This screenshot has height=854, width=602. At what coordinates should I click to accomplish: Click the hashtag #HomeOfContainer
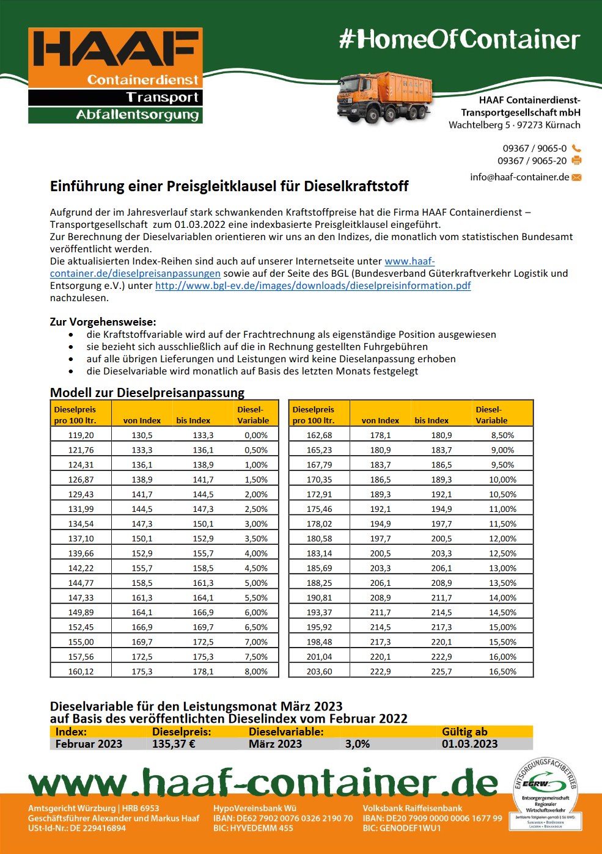tap(459, 39)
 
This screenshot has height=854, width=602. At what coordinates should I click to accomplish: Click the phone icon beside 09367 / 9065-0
tap(576, 148)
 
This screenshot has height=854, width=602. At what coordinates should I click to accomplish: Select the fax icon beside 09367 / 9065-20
tap(576, 161)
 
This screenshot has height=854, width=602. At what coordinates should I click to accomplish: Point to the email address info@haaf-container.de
tap(519, 177)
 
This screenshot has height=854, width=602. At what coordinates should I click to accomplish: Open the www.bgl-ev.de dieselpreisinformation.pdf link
tap(313, 286)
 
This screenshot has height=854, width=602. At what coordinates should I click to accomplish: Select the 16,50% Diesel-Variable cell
tap(502, 671)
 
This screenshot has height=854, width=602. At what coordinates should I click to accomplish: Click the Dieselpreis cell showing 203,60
tap(319, 671)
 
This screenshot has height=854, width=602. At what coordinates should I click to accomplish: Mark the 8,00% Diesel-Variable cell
tap(256, 671)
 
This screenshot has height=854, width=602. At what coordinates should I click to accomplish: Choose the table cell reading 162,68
tap(319, 436)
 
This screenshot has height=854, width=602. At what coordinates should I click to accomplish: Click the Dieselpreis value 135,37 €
tap(174, 744)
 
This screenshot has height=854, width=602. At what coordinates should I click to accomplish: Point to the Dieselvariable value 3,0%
tap(358, 744)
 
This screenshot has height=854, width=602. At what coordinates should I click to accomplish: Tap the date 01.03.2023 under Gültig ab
tap(469, 744)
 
